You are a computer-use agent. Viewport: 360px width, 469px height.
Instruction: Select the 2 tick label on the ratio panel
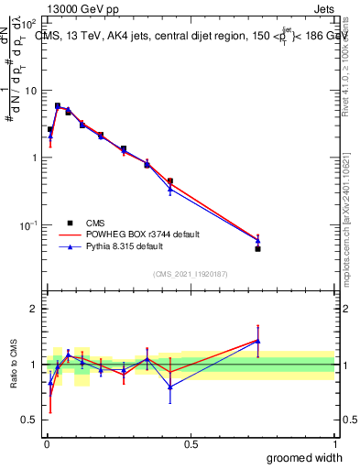pos(33,309)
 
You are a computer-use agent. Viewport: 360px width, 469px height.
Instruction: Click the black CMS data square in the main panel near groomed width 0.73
pos(258,248)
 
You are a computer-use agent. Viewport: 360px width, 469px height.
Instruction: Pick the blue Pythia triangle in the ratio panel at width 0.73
pos(258,341)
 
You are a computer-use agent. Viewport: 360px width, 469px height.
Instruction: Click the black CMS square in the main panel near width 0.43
pos(170,181)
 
